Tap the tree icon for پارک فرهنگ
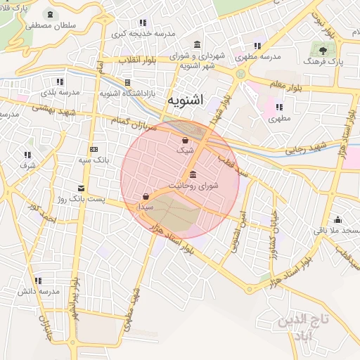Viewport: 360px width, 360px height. tap(323, 50)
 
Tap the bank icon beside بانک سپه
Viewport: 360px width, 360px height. tap(94, 149)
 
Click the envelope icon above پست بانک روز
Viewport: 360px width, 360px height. tap(82, 188)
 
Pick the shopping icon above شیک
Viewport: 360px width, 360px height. tap(184, 140)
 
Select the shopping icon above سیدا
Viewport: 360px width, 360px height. tap(146, 197)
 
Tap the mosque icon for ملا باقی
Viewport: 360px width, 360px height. tap(338, 219)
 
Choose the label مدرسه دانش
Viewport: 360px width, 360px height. tap(37, 290)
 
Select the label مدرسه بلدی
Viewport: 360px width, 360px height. tap(60, 92)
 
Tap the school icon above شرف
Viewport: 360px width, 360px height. tap(28, 155)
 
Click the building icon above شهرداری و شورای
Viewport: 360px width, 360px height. tap(195, 44)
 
